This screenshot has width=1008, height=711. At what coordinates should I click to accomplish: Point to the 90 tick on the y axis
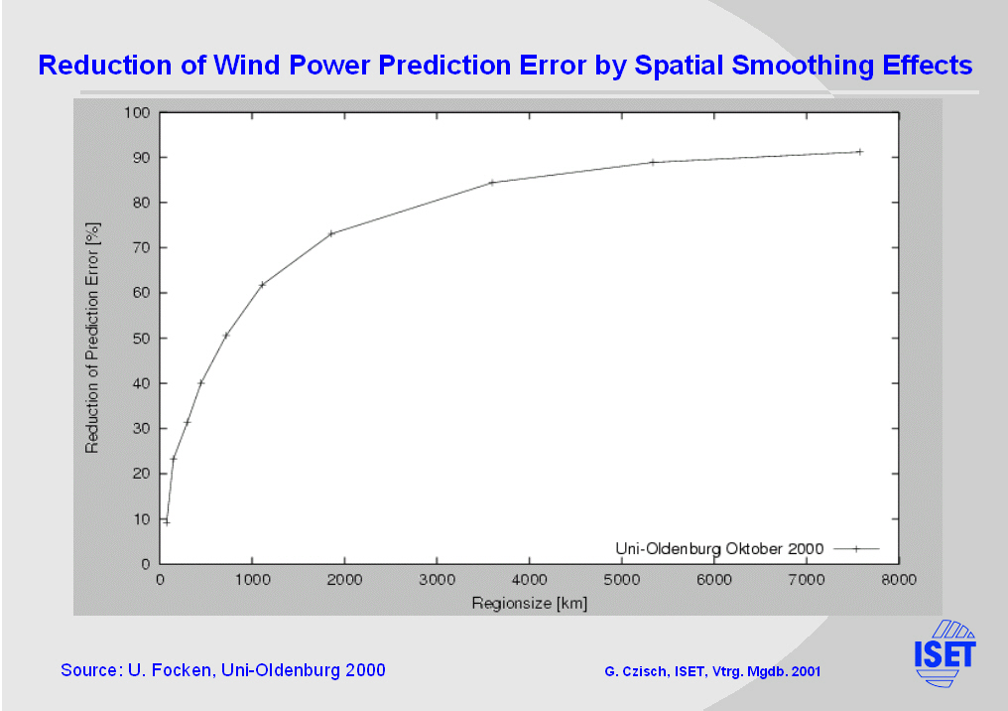tap(138, 158)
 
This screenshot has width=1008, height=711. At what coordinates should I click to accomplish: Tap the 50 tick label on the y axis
tap(138, 339)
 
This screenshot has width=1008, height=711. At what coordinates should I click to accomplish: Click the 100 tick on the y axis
tap(135, 112)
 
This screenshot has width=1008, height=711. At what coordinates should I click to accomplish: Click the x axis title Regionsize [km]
tap(529, 603)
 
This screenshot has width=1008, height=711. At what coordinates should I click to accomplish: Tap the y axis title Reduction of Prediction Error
tap(92, 338)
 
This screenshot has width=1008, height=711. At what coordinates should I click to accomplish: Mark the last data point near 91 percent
tap(859, 152)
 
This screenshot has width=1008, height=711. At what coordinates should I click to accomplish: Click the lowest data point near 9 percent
tap(167, 522)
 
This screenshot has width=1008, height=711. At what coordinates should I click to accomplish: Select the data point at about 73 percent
tap(331, 233)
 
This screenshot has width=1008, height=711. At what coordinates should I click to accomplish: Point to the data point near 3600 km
tap(492, 183)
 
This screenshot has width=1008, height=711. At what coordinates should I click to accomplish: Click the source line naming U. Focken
tap(223, 670)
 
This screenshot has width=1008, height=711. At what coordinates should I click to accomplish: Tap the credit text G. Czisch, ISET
tap(712, 672)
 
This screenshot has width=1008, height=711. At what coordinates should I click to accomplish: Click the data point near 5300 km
tap(653, 162)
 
